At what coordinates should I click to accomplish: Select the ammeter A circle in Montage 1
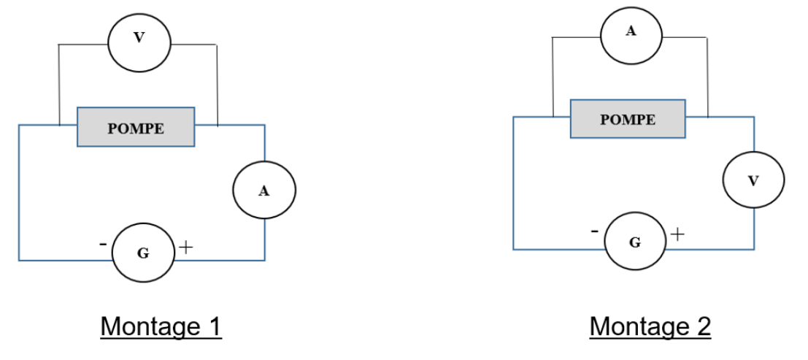[264, 191]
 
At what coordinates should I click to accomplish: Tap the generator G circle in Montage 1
[142, 253]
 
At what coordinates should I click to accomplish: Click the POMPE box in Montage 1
[136, 127]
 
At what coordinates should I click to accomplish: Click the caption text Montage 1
[161, 326]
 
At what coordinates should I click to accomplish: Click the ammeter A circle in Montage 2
[631, 34]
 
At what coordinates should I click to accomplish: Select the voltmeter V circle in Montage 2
[753, 180]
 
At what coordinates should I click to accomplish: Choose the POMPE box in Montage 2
[628, 119]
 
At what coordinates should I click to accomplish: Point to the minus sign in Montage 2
[596, 231]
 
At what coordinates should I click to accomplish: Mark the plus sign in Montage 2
[678, 234]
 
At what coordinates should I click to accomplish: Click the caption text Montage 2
[650, 326]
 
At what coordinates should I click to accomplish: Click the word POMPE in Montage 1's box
[136, 129]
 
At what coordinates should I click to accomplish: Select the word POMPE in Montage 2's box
[628, 120]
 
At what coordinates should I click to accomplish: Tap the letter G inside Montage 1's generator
[142, 253]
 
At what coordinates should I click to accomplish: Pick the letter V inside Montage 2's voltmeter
[753, 180]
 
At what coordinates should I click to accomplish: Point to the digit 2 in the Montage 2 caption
[702, 326]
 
